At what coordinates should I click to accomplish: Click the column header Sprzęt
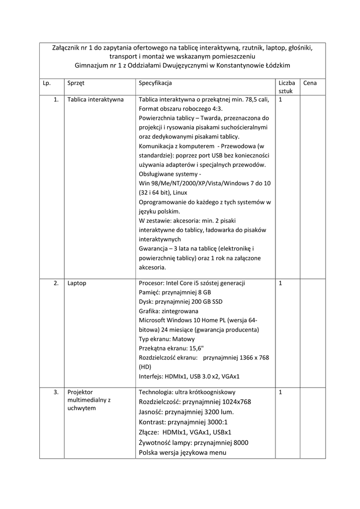pos(76,83)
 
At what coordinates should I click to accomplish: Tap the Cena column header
pos(310,83)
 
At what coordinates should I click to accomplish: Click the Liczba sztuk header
pos(286,87)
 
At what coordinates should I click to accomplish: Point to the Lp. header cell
pos(47,83)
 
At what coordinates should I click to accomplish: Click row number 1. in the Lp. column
pos(56,99)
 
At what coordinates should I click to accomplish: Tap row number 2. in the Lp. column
pos(56,283)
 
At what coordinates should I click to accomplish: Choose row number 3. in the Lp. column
pos(56,392)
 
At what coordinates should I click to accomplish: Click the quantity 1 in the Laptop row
pos(280,283)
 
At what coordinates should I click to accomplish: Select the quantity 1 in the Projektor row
pos(280,392)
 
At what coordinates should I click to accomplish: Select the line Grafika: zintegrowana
pos(169,311)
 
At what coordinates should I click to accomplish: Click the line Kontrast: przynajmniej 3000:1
pos(183,422)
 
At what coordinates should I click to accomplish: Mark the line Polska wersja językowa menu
pos(182,453)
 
